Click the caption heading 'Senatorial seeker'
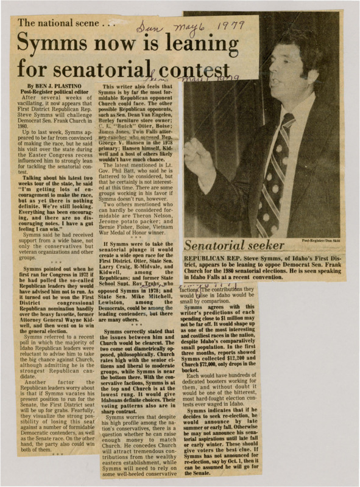tap(235, 245)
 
